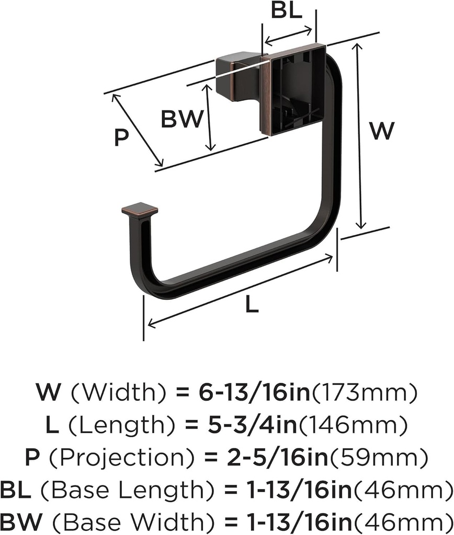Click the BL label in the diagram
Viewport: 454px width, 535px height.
point(287,11)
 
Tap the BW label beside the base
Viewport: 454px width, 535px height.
point(181,120)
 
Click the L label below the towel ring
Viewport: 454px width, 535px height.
point(252,306)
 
